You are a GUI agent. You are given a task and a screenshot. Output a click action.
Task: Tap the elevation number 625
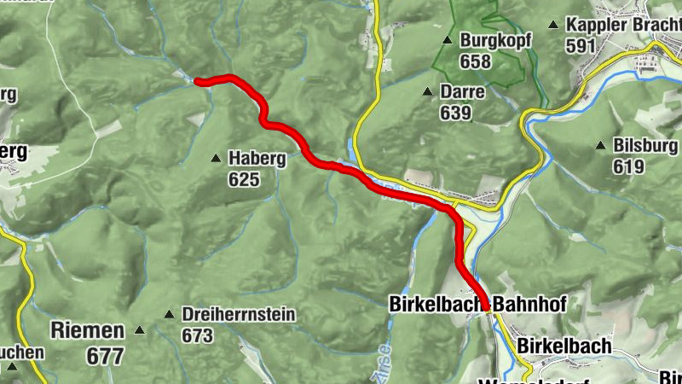244,179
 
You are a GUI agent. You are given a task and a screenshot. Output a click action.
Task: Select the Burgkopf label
488,40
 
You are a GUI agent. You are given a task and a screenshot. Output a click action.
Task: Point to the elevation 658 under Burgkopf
476,61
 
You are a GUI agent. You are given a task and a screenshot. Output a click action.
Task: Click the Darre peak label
463,91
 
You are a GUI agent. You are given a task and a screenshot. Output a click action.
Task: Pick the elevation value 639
456,112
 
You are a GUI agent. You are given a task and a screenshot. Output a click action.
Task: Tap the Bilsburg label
645,146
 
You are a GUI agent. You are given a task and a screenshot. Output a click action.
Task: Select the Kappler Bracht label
622,26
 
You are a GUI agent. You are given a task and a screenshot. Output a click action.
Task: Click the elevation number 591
581,46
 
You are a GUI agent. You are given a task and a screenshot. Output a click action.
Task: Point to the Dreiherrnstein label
239,315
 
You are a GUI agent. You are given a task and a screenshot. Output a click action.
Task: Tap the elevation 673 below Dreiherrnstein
198,335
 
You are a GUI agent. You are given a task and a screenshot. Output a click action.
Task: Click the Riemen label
88,329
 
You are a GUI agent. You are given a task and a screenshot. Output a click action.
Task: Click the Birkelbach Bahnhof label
477,304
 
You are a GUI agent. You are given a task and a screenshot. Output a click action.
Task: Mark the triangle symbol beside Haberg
217,159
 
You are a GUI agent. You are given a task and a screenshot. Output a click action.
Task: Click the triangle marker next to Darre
428,91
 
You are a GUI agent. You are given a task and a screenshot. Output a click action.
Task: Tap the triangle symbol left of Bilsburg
602,146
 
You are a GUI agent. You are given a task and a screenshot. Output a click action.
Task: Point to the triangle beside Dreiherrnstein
169,315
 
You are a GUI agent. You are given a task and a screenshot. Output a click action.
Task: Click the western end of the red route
198,82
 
